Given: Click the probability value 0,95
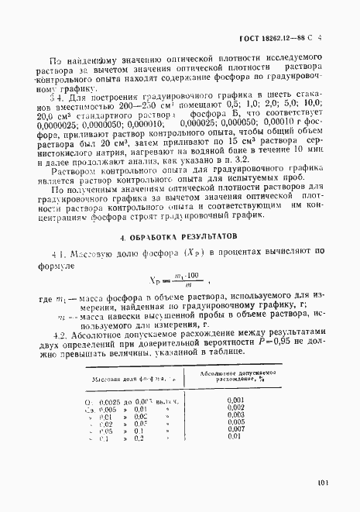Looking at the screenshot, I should [x=276, y=343].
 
